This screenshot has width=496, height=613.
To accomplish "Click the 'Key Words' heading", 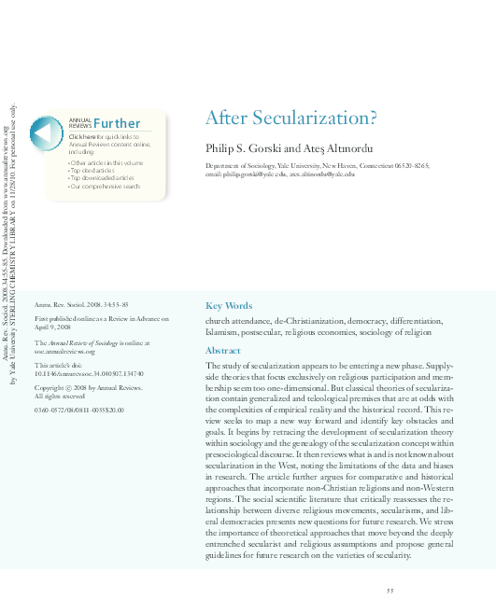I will click(x=228, y=306).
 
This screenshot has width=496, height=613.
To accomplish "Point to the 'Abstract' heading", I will click(x=222, y=351).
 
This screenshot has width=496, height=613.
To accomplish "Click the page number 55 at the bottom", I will click(x=390, y=590).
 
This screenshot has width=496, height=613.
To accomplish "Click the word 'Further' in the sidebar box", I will click(x=117, y=124).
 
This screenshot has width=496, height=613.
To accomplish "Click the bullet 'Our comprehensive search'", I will click(x=106, y=187).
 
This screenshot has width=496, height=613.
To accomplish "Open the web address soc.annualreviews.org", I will click(x=64, y=352).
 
